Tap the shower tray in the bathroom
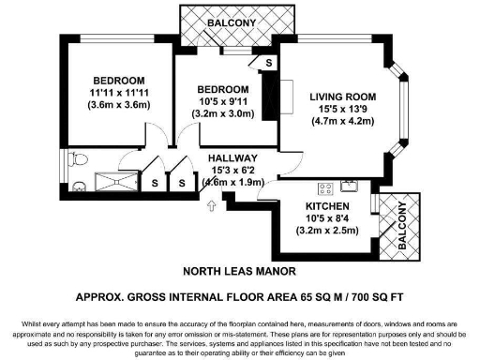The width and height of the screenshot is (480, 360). pos(115,182)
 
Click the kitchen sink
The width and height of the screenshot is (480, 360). pos(349,184)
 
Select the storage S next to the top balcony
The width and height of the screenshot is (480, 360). pos(269,62)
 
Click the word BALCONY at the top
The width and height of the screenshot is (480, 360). pos(226,22)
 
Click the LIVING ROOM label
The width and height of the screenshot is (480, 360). pos(343,97)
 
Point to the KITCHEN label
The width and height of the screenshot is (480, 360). pos(328,205)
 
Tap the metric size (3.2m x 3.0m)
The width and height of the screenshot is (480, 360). pos(222,112)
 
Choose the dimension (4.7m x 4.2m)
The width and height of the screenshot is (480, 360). pos(343,120)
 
